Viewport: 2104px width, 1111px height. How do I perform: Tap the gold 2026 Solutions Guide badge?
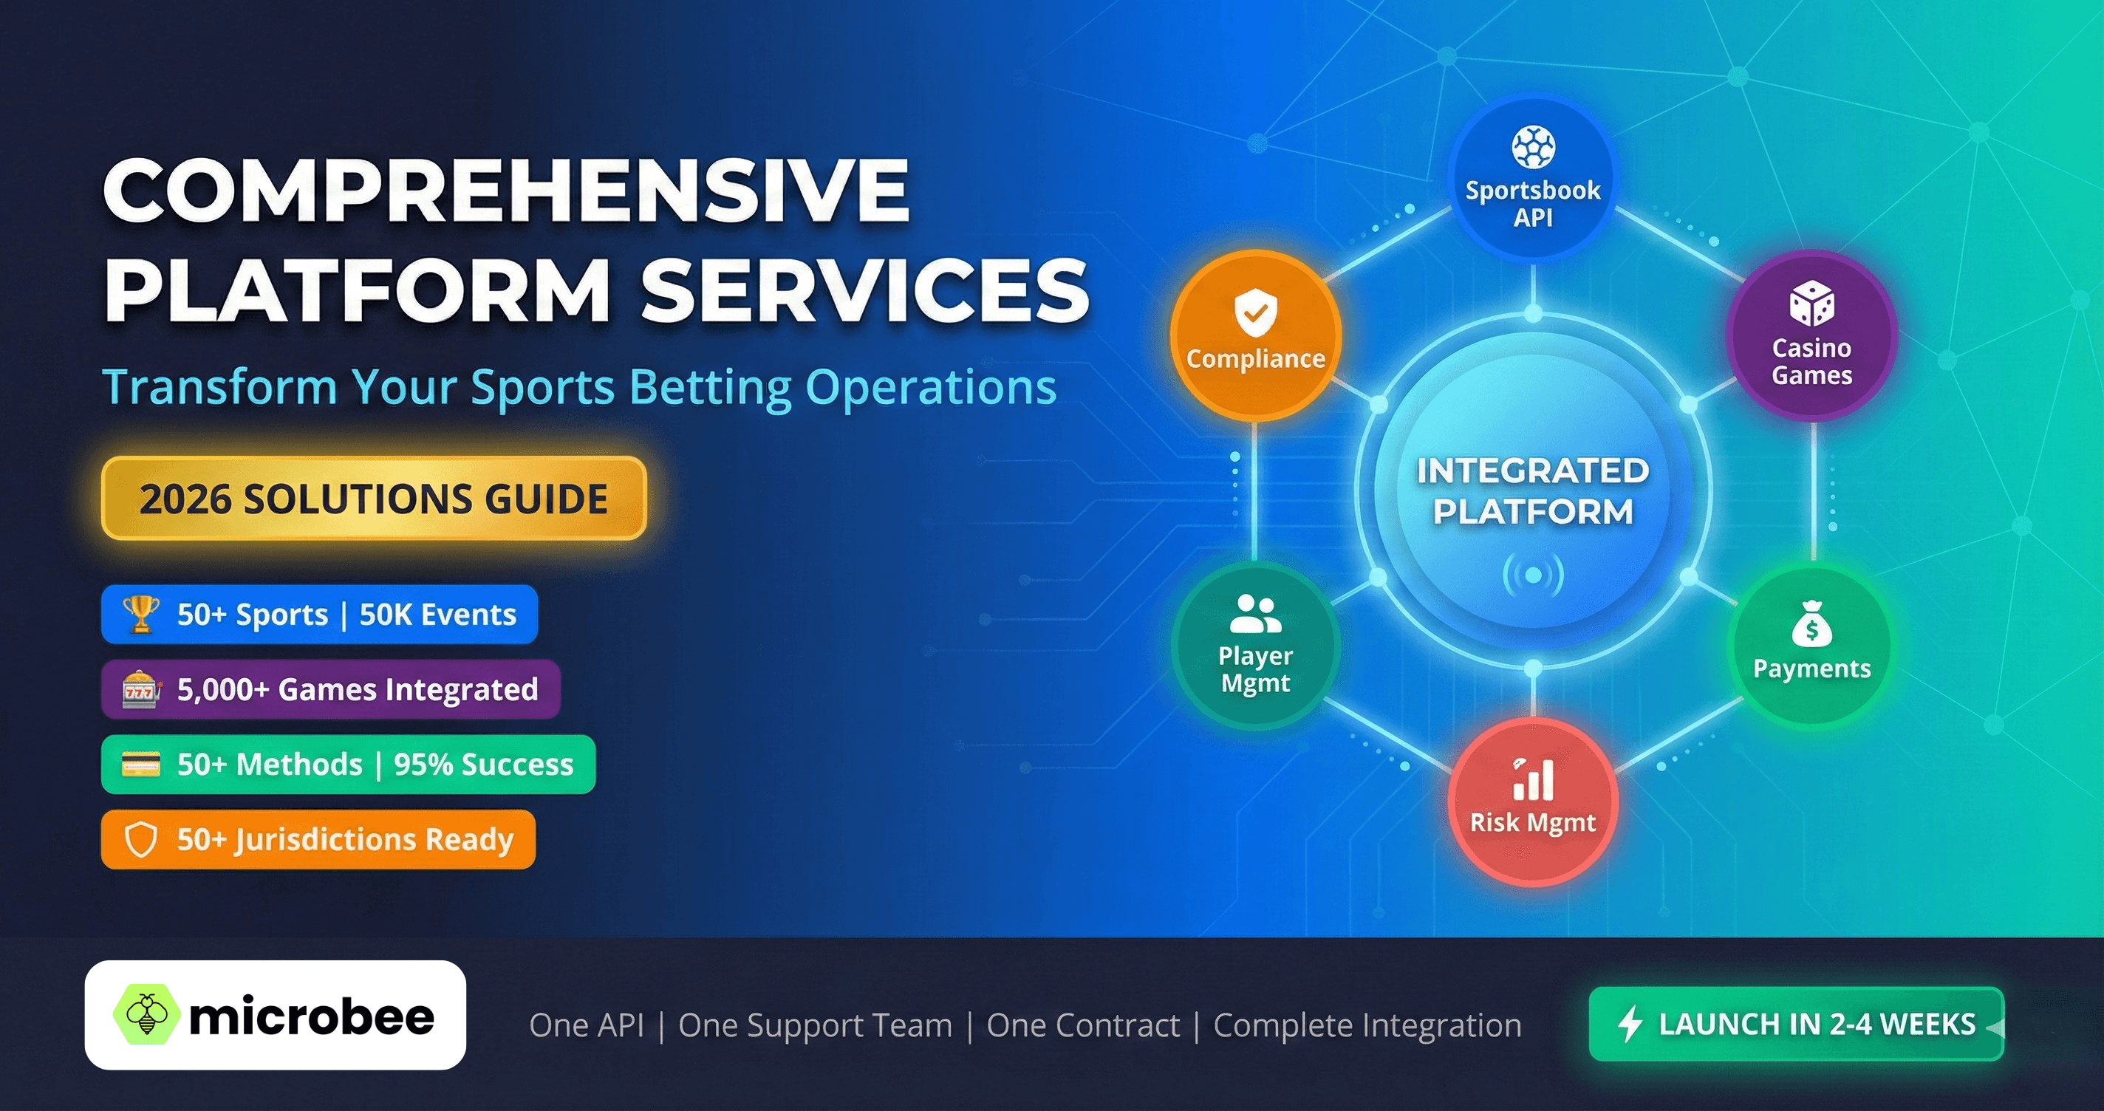[x=373, y=499]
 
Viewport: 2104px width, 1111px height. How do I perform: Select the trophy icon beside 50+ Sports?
[x=140, y=615]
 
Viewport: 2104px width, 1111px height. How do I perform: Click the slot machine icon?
[x=140, y=689]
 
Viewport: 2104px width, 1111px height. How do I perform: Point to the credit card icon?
[x=140, y=765]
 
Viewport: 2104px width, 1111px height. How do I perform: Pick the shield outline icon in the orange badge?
[x=140, y=840]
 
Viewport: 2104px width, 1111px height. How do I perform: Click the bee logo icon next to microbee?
[x=146, y=1015]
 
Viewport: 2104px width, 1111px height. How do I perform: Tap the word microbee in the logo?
[x=311, y=1017]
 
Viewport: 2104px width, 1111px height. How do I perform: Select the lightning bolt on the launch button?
[x=1630, y=1024]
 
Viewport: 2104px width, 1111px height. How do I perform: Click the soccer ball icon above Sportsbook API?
[x=1533, y=147]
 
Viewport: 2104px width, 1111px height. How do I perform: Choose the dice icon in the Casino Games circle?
[x=1811, y=304]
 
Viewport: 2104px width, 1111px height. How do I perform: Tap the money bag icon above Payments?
[x=1811, y=626]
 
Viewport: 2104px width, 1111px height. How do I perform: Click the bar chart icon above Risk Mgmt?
[x=1533, y=779]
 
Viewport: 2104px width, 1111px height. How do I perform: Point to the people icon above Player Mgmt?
[x=1255, y=614]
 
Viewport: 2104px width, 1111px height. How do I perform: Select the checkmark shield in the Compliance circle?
[x=1255, y=312]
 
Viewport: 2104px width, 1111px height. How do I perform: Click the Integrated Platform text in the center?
[x=1533, y=491]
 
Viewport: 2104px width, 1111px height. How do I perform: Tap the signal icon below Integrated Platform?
[x=1533, y=575]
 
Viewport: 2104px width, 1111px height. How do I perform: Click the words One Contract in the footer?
[x=1083, y=1025]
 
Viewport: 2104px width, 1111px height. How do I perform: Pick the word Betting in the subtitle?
[x=711, y=387]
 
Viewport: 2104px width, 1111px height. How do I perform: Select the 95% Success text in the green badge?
[x=484, y=765]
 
